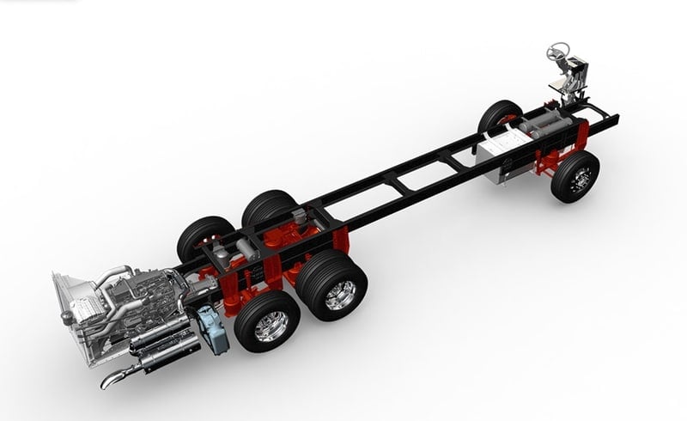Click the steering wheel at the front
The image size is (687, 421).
[x=559, y=51]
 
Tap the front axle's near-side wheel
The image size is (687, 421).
[x=575, y=177]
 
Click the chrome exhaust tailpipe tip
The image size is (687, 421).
[x=115, y=378]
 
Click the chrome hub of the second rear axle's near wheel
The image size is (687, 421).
[x=341, y=294]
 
